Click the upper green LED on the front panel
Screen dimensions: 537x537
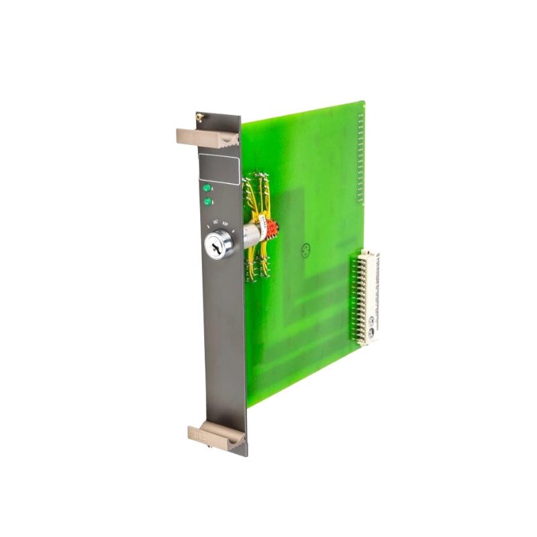(207, 189)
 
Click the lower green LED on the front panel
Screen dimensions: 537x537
(207, 201)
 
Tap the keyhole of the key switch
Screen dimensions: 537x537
(218, 248)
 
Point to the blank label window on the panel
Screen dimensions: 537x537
(219, 168)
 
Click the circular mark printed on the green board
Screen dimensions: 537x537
(306, 249)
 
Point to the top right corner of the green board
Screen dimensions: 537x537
(363, 102)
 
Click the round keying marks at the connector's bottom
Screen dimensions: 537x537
(369, 333)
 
